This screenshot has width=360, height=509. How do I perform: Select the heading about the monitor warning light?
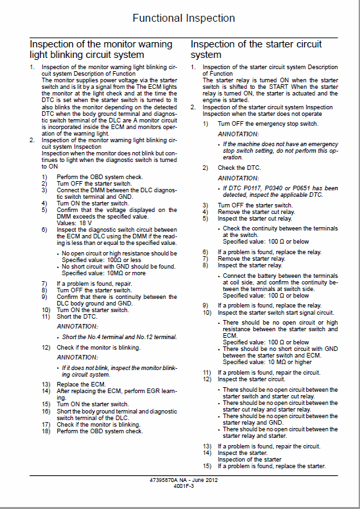101,49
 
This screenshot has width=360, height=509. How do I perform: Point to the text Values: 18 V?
74,223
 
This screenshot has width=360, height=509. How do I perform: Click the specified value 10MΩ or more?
99,273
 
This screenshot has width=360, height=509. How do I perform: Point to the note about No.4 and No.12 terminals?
119,336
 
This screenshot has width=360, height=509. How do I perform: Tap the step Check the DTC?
241,168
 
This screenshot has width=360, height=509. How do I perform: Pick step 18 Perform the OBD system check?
99,431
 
